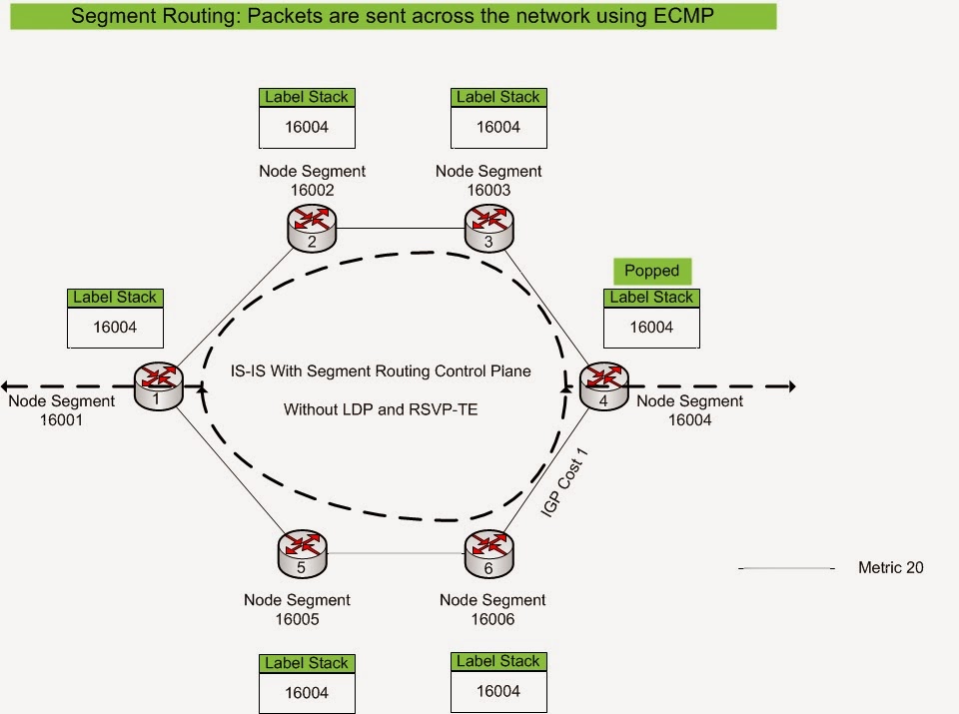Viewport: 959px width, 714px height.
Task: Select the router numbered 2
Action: pos(311,229)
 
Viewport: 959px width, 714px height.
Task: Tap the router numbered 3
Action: pos(487,229)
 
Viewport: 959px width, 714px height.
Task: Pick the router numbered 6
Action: pos(487,554)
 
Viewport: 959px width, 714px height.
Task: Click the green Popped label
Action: pos(651,271)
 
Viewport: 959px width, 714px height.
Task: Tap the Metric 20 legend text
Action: pos(890,568)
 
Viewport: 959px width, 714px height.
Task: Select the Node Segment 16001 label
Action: pos(62,410)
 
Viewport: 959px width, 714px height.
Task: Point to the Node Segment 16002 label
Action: pos(311,180)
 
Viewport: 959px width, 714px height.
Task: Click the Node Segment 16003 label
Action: pos(488,180)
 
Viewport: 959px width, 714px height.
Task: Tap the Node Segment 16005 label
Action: pos(297,609)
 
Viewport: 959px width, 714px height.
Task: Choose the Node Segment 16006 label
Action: pos(492,609)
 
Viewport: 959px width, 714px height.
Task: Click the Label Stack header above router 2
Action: pos(307,97)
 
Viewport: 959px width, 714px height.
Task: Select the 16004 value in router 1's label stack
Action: pos(115,327)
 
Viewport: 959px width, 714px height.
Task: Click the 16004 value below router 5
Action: pos(307,692)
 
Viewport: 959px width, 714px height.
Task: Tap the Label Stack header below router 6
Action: pos(498,661)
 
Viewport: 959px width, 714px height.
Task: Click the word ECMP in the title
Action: pos(683,15)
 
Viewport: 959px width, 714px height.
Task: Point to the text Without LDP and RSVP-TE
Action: pos(381,409)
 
